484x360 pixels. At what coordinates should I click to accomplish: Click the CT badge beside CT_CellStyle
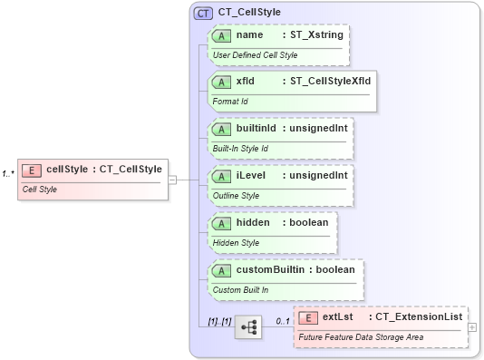204,14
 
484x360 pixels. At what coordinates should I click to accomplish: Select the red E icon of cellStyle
32,169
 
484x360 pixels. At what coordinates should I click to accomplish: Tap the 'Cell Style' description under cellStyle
40,189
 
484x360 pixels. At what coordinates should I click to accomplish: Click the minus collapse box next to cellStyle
172,180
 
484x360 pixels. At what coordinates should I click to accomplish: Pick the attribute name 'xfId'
245,82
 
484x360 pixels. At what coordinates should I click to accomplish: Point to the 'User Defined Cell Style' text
255,55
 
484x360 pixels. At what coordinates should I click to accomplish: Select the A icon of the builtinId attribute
221,129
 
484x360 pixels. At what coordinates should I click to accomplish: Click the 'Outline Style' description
236,196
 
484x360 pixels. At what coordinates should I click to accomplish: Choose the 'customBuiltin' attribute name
270,269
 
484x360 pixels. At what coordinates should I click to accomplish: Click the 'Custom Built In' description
243,290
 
